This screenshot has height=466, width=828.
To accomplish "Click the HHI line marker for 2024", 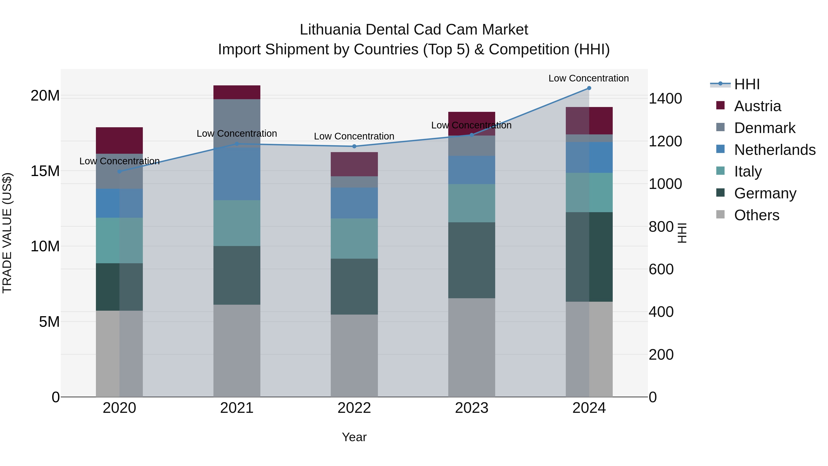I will tap(589, 88).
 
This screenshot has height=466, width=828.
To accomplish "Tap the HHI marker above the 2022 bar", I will tap(354, 146).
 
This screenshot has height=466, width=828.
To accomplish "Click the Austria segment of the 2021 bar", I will tap(237, 92).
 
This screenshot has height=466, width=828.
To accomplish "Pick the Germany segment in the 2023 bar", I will tap(471, 260).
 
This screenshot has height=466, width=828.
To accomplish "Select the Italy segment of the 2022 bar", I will tap(354, 238).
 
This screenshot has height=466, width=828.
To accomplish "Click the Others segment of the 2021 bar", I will tap(237, 350).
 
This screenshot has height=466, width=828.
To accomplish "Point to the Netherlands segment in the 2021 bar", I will tap(237, 174).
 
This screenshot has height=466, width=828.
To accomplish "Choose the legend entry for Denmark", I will tap(764, 128).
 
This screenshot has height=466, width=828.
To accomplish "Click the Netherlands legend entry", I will tap(775, 150).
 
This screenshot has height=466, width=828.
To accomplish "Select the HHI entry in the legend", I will tap(747, 84).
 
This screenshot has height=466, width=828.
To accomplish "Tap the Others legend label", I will tap(757, 215).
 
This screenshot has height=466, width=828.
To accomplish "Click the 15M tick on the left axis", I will tap(45, 171).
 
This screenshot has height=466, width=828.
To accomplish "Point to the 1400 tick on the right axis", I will tap(665, 98).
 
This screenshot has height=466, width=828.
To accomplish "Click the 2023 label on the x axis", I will tap(471, 408).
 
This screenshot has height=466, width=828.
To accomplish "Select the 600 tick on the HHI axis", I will tap(661, 269).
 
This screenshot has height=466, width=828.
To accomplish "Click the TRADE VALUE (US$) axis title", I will tap(7, 233).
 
